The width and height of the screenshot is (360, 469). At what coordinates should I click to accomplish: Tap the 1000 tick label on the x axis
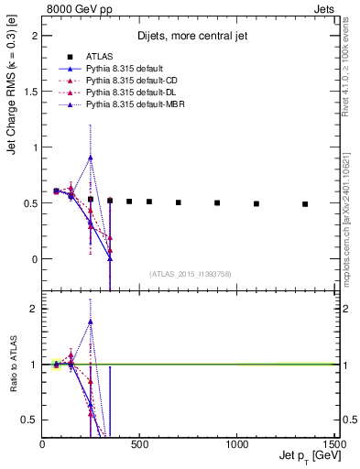pyautogui.click(x=236, y=444)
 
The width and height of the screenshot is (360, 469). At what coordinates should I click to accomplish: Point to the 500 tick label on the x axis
pyautogui.click(x=139, y=444)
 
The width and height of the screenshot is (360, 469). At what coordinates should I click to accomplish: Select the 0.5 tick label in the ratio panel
pyautogui.click(x=33, y=420)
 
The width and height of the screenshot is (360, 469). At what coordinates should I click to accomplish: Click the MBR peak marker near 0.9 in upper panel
pyautogui.click(x=91, y=157)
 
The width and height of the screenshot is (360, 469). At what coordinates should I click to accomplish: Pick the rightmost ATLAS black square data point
pyautogui.click(x=305, y=204)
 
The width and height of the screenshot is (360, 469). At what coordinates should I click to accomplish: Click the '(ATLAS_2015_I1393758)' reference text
pyautogui.click(x=190, y=273)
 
